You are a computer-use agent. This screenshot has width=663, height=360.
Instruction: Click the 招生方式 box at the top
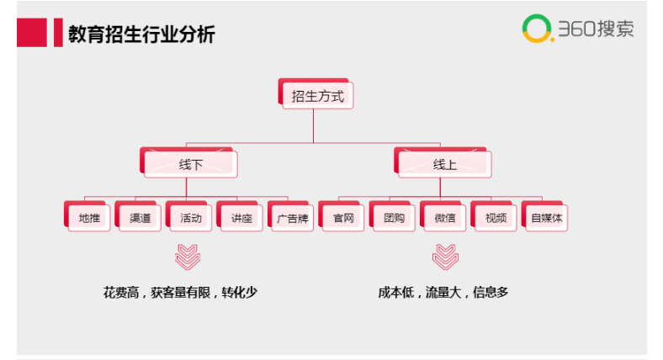(317, 96)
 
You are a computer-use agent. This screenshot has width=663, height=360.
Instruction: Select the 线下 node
(191, 165)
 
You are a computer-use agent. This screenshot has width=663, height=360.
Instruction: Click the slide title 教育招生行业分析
(141, 34)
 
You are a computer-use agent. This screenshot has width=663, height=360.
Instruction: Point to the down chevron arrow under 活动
(187, 256)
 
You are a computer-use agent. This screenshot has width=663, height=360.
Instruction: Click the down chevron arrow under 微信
(444, 256)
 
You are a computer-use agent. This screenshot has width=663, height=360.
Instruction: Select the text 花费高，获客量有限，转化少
(180, 293)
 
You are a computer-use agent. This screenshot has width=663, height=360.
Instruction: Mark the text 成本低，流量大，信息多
(443, 293)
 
